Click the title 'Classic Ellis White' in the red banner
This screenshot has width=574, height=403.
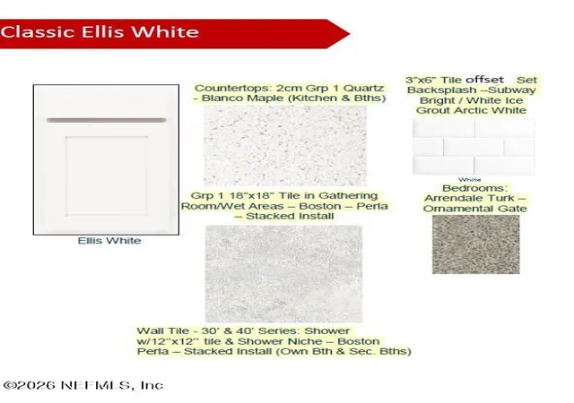[x=100, y=32]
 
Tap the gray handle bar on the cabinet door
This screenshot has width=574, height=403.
[x=107, y=120]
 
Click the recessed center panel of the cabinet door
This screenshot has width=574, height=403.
[x=107, y=176]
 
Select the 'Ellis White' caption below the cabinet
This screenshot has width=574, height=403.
[x=109, y=241]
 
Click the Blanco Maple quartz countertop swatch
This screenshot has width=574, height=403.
[x=285, y=146]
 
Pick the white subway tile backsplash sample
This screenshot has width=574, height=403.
[x=474, y=147]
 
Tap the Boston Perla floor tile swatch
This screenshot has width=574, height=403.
[x=283, y=274]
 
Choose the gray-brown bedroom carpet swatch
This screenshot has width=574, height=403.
[x=476, y=244]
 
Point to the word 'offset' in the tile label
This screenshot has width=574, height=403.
[x=484, y=80]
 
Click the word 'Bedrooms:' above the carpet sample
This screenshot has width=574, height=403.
[x=475, y=188]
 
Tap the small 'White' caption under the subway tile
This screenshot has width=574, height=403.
[x=470, y=179]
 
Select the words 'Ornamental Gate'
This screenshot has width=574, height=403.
[x=475, y=209]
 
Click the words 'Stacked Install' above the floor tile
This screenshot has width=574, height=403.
[x=290, y=216]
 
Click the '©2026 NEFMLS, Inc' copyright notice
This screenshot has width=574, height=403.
[x=83, y=385]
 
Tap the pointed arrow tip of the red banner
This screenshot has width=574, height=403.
[x=349, y=34]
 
